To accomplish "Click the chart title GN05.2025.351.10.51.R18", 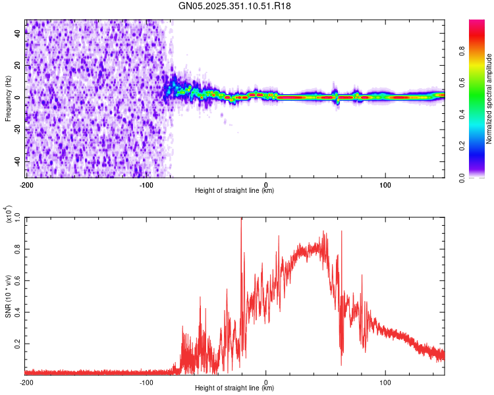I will click(x=234, y=7).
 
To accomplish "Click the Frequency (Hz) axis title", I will click(x=8, y=97).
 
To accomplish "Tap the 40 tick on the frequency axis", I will click(x=18, y=34).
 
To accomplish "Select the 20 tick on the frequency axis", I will click(x=18, y=66).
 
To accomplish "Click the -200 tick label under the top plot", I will click(x=26, y=184).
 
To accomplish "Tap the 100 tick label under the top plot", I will click(x=385, y=184).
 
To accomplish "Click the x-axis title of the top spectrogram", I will click(x=234, y=191).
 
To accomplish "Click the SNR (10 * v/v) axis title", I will click(x=8, y=295).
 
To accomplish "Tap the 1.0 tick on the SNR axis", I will click(x=18, y=217).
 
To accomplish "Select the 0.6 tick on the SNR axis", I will click(x=18, y=280).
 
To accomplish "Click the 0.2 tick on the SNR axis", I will click(x=18, y=344).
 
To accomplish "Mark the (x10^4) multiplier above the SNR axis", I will click(x=9, y=215).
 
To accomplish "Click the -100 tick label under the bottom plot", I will click(x=146, y=382).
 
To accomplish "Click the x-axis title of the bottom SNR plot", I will click(x=234, y=388).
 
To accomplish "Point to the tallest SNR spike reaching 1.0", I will click(x=241, y=219).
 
